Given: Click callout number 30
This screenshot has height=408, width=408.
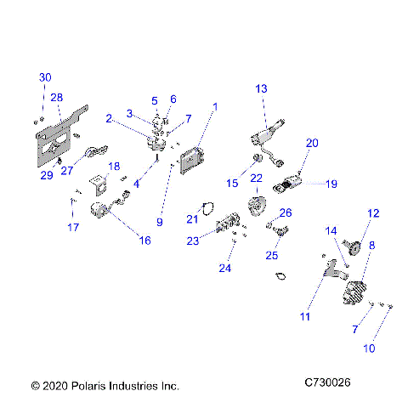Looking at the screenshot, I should pyautogui.click(x=45, y=77).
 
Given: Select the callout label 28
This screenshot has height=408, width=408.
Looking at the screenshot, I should pyautogui.click(x=57, y=98).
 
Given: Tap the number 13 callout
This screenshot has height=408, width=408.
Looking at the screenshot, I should pyautogui.click(x=260, y=88).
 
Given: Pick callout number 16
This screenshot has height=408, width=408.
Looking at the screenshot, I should pyautogui.click(x=144, y=241).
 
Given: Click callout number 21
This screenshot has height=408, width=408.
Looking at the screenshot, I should pyautogui.click(x=191, y=219).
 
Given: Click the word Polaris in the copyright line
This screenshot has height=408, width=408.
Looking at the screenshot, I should pyautogui.click(x=93, y=385).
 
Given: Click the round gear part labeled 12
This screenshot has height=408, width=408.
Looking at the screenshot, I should pyautogui.click(x=356, y=247).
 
